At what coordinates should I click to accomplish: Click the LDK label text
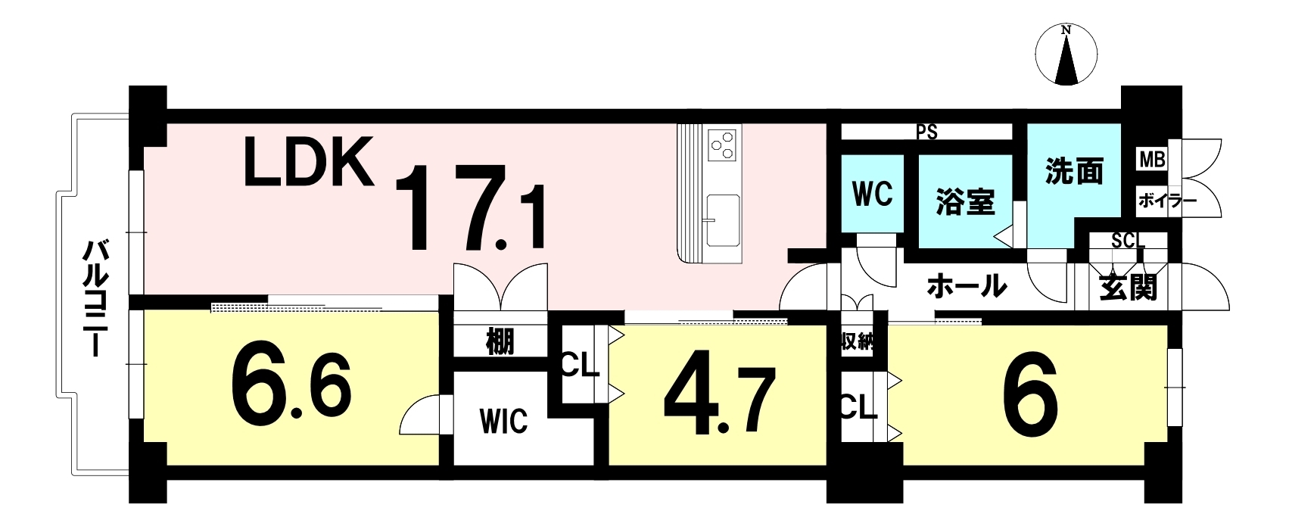pos(308,162)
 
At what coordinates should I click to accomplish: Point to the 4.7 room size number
pos(720,401)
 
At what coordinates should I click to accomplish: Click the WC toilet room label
pos(873,194)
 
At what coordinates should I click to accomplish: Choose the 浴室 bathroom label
pos(965,202)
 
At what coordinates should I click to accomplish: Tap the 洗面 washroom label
pos(1074,172)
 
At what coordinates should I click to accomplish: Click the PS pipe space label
pos(926,132)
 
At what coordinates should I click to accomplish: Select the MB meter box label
pos(1152,160)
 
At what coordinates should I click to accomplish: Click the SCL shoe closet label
pos(1128,241)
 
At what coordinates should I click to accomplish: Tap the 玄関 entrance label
pos(1128,288)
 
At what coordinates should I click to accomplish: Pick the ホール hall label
pos(967,286)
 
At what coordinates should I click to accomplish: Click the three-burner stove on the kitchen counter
pos(722,145)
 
